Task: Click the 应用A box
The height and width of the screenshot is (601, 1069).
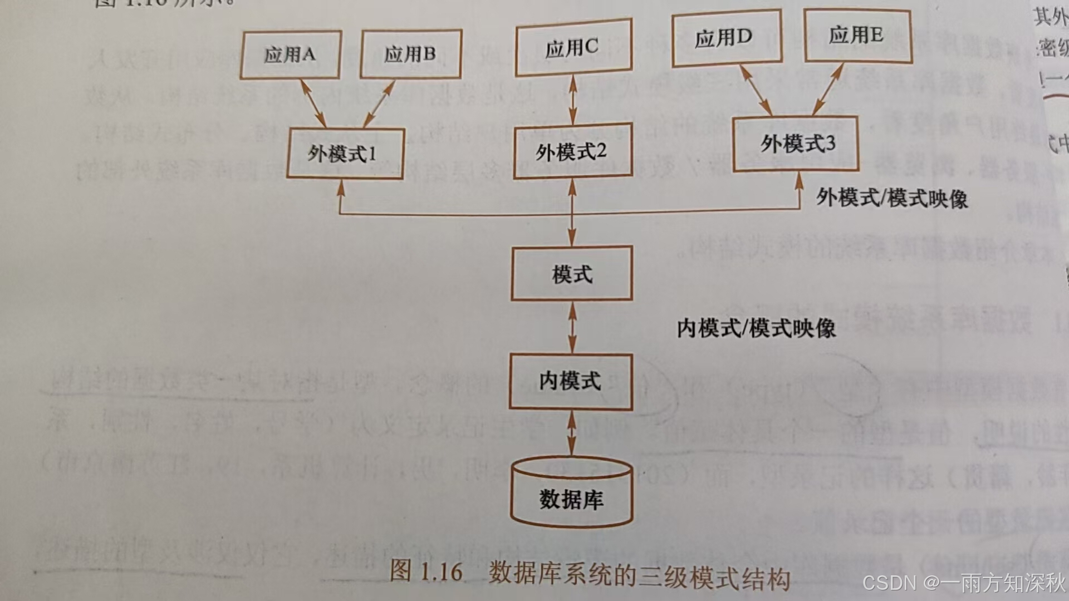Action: tap(290, 55)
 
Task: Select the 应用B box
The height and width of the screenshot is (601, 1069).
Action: tap(410, 54)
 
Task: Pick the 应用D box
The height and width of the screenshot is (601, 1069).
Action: tap(726, 38)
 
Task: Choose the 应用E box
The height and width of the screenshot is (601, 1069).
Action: tap(856, 36)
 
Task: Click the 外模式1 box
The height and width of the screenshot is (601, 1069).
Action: tap(345, 154)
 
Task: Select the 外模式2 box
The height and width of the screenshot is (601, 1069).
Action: tap(572, 151)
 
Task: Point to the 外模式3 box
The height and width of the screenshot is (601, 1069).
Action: tap(796, 144)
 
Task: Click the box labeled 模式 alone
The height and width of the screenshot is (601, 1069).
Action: tap(572, 274)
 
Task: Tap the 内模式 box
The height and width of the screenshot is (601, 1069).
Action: tap(571, 382)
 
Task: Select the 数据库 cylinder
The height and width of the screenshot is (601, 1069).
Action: tap(572, 495)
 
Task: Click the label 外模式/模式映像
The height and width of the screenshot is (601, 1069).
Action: tap(891, 198)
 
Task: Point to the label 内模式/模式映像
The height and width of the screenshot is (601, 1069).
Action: tap(756, 328)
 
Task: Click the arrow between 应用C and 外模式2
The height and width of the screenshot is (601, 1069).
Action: tap(572, 100)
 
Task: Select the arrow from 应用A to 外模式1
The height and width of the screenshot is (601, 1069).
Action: tap(313, 104)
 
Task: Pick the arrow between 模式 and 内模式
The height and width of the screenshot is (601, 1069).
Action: tap(572, 328)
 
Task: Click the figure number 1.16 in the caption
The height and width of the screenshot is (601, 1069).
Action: tap(441, 572)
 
